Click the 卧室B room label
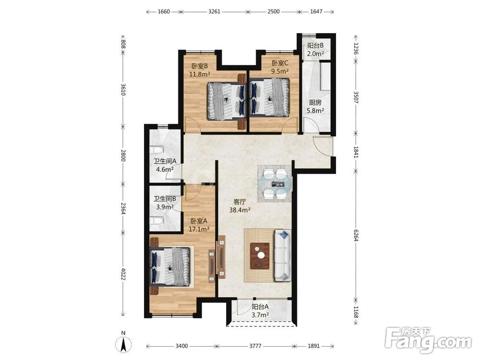point(200,66)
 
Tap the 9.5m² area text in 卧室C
point(280,72)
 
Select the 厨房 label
point(315,103)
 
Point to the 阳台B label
point(315,46)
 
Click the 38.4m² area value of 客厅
point(240,210)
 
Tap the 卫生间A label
point(165,161)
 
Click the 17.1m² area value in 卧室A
point(199,228)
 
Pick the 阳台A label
point(260,306)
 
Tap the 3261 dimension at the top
point(214,12)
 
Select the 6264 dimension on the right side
point(356,235)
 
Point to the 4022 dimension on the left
point(123,274)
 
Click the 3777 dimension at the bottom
point(255,346)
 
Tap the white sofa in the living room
point(283,255)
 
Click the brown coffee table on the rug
point(260,256)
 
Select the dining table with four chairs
point(275,184)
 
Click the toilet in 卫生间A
point(158,150)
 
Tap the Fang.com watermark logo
point(428,340)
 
